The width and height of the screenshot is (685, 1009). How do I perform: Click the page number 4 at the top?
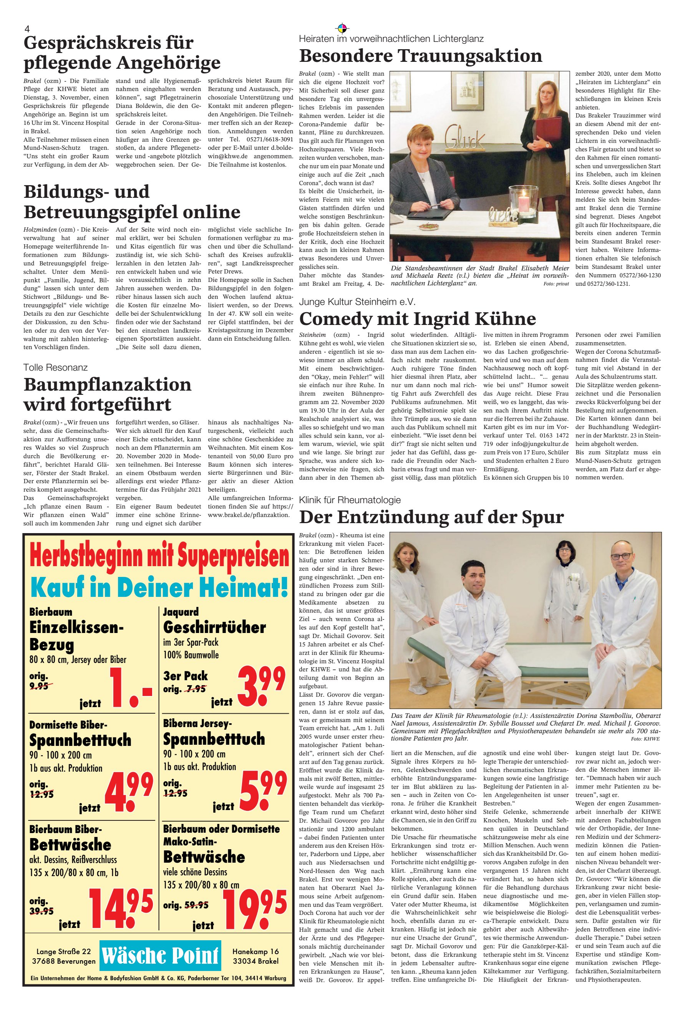tap(27, 29)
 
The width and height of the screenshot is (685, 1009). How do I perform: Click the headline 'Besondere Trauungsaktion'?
tap(420, 56)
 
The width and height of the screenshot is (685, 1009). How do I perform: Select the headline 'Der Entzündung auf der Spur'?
tap(431, 517)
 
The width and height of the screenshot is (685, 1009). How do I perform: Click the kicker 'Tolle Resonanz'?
tap(56, 368)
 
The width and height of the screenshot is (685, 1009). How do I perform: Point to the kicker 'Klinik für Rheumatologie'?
tap(350, 500)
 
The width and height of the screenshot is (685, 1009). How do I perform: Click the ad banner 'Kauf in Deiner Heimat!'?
tap(159, 587)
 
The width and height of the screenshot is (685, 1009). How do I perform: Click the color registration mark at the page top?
tap(342, 29)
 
